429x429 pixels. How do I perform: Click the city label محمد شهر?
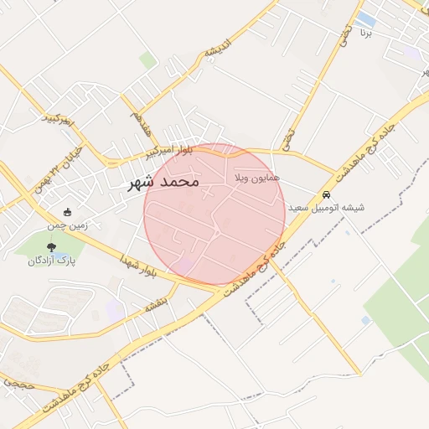[164, 181]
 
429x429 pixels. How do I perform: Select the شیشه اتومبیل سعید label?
[327, 208]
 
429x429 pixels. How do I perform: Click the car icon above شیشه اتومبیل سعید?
[327, 195]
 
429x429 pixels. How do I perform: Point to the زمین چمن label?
[67, 225]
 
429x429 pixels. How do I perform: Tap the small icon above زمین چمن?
[67, 212]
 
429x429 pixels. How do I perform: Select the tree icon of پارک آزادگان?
[51, 247]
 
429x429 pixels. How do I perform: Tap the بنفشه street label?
[157, 301]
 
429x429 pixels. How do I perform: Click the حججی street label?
[16, 382]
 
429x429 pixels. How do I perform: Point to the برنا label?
[364, 34]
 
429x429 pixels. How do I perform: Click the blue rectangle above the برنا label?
[365, 18]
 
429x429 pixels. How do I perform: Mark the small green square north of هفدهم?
[147, 60]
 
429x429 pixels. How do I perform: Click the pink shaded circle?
[214, 214]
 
